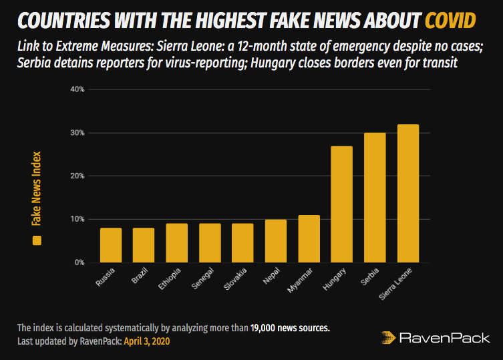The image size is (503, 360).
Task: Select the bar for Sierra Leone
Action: pos(407,194)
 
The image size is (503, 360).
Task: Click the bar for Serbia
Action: pos(375,198)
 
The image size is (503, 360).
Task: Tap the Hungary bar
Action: pos(341,204)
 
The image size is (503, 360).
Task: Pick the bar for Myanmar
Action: pos(309,238)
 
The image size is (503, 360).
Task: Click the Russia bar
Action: pos(111,245)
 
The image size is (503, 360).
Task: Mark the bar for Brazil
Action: pos(144,245)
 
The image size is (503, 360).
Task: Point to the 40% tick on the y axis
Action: pos(77,89)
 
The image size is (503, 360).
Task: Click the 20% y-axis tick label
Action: pos(77,176)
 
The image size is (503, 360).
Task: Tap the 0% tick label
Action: pos(79,262)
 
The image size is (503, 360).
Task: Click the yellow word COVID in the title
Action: pos(450,21)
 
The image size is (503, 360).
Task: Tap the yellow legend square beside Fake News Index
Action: pos(37,240)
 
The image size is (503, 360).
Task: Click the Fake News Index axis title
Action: pos(37,190)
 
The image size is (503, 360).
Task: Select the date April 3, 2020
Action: pos(152,341)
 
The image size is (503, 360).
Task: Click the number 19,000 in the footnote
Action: pos(265,329)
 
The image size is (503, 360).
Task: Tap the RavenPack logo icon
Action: pos(387,338)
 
